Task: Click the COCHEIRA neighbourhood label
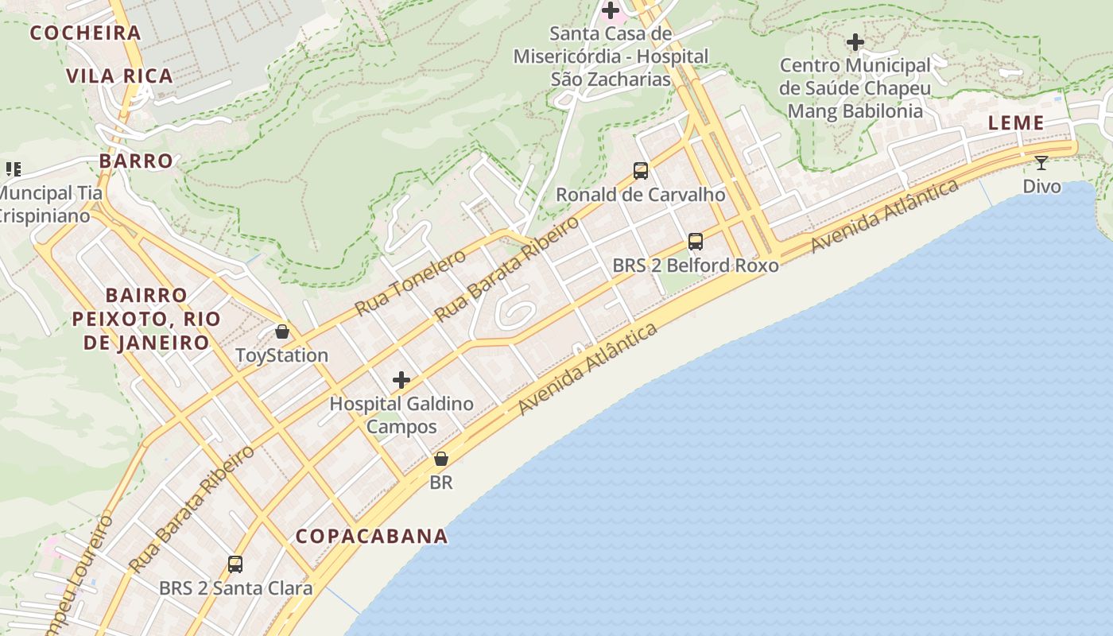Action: click(x=85, y=33)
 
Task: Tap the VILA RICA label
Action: click(x=119, y=76)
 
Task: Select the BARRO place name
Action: click(x=136, y=161)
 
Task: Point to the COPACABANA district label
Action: click(x=372, y=536)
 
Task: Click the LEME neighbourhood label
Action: click(x=1016, y=123)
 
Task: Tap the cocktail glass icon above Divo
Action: click(x=1041, y=163)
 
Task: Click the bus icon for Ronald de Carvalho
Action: click(x=641, y=170)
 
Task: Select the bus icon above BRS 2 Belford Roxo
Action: click(x=696, y=241)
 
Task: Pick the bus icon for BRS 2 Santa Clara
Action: click(x=235, y=564)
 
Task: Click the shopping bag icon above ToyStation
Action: click(x=282, y=331)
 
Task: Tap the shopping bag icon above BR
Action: click(x=441, y=459)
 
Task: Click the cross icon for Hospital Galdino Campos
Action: click(x=401, y=379)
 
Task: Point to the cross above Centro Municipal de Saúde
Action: click(x=855, y=41)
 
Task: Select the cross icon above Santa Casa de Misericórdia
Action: click(x=611, y=10)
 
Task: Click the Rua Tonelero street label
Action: click(x=409, y=282)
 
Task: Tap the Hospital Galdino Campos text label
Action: click(x=401, y=415)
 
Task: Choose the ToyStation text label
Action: click(x=282, y=355)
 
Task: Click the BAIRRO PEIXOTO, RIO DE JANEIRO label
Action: click(x=146, y=319)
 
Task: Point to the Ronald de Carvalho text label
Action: click(x=641, y=195)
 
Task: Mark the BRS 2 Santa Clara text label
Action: click(x=235, y=589)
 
